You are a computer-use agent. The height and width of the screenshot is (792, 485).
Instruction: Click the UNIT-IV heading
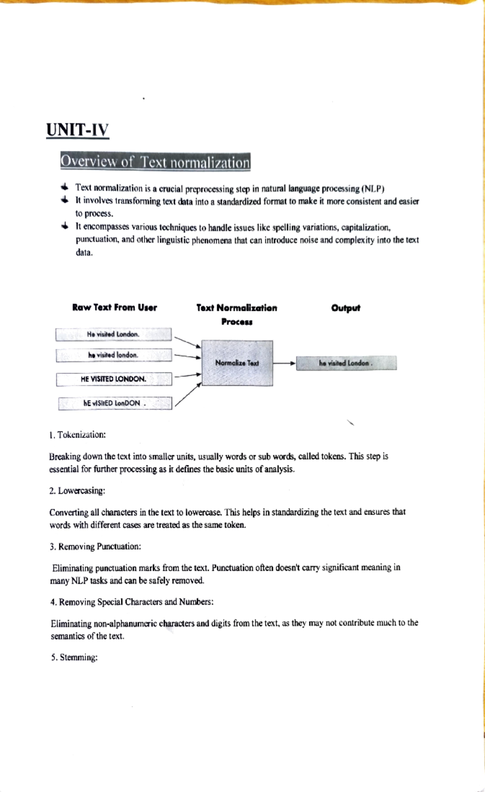coord(78,130)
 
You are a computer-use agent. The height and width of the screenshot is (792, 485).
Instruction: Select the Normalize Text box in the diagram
coord(237,363)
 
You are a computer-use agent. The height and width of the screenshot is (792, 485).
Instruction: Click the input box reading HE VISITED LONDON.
coord(114,379)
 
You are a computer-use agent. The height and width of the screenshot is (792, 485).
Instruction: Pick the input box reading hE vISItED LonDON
coord(115,403)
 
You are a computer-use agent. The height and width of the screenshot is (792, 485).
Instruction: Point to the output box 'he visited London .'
coord(346,363)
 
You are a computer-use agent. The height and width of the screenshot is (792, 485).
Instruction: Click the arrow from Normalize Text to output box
coord(285,363)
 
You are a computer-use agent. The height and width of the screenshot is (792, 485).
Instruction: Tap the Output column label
coord(346,308)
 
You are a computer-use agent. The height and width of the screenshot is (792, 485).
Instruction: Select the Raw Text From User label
coord(114,307)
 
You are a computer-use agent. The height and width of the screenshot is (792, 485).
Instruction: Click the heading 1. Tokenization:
coord(77,435)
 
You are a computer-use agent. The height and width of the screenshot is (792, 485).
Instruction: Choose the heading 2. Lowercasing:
coord(77,491)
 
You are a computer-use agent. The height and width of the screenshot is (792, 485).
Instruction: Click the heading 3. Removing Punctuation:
coord(95,546)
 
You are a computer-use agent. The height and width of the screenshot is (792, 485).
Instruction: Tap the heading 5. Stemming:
coord(74,658)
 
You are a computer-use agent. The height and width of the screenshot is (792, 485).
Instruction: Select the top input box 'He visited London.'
coord(113,334)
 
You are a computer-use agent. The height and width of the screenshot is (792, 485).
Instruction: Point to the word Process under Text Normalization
coord(237,322)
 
